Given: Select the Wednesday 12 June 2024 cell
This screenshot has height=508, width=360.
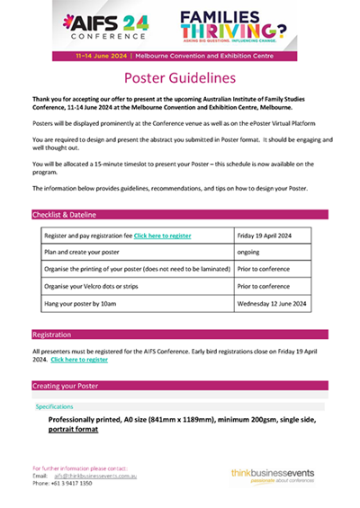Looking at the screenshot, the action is [x=272, y=305].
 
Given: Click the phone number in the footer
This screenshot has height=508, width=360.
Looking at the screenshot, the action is [x=74, y=483].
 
